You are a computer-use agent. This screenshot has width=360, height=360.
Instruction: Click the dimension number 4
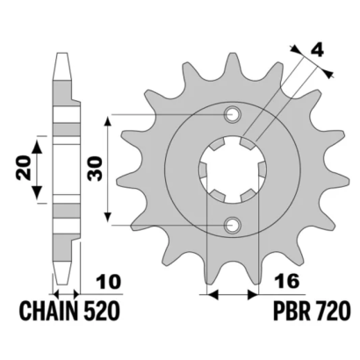pos(316,51)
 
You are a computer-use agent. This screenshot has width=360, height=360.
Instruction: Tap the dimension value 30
pos(96,169)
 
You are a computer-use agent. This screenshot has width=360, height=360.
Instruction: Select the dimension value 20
pos(24,168)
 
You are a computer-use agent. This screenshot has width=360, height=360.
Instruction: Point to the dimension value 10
pos(110,282)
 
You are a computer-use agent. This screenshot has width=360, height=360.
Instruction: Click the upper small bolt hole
pos(233,114)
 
